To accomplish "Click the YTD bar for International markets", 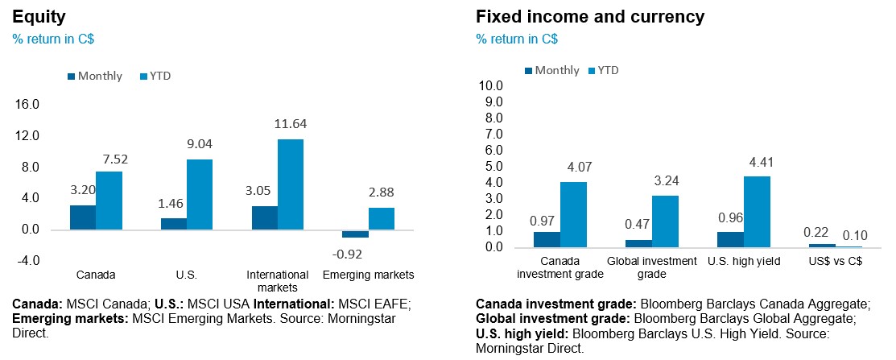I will [x=291, y=184].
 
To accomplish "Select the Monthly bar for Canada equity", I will [x=82, y=217].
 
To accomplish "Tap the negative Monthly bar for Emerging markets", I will [x=355, y=234].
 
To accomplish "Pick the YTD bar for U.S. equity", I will [x=200, y=194].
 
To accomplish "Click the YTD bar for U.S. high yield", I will [x=757, y=212].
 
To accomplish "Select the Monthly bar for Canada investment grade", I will [x=547, y=239].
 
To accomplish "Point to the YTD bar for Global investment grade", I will [x=665, y=221].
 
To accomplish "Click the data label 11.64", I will [x=291, y=124].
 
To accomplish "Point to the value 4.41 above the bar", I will [x=757, y=161].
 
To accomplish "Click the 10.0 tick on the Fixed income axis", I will [x=489, y=86].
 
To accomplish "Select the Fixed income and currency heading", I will [x=590, y=16].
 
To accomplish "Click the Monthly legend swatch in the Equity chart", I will [x=72, y=77].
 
